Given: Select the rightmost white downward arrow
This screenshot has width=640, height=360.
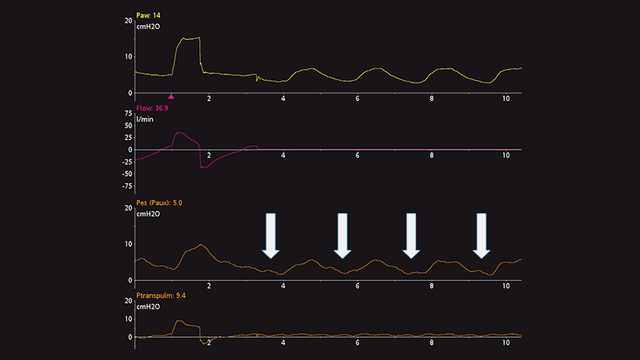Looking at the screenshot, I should point(482,235).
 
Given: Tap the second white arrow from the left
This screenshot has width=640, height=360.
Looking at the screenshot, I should point(342,235).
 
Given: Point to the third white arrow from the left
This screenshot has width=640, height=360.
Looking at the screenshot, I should point(411,235).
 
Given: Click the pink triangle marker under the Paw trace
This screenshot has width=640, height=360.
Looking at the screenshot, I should point(172,97).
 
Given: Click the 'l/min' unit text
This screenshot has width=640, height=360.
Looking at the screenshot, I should point(147,119).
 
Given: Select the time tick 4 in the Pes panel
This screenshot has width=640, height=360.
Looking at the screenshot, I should point(283,286).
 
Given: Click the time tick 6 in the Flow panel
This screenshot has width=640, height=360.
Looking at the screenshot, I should point(357,155).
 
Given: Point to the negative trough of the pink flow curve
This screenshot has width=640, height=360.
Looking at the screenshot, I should point(204,166).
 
